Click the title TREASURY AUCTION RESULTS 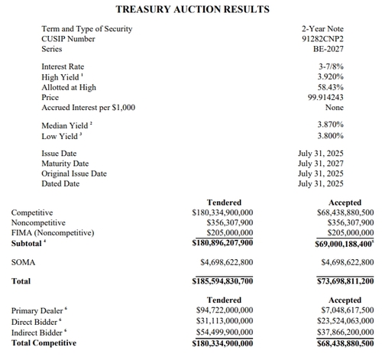point(192,10)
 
